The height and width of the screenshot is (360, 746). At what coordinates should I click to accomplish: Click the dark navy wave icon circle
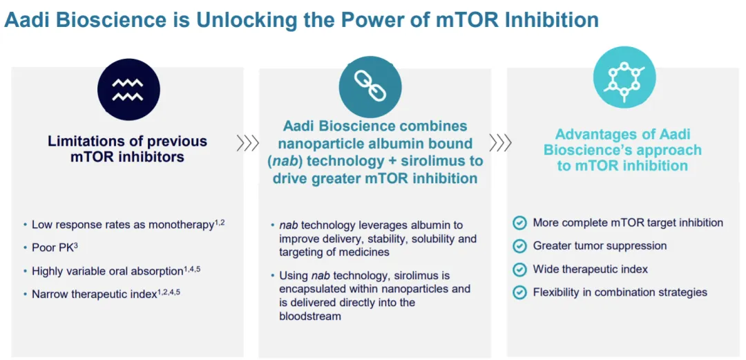pyautogui.click(x=128, y=90)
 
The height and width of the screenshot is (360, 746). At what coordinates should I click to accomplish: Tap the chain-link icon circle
pyautogui.click(x=370, y=87)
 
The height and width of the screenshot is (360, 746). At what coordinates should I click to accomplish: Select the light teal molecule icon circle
pyautogui.click(x=624, y=77)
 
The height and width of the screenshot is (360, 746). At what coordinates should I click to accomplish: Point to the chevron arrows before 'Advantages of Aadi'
pyautogui.click(x=501, y=142)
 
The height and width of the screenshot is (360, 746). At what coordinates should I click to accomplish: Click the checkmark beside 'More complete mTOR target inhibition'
pyautogui.click(x=520, y=223)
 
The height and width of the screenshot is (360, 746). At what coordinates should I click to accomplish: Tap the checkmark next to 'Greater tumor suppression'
pyautogui.click(x=520, y=246)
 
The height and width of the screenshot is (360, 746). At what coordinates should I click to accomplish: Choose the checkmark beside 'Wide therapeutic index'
pyautogui.click(x=520, y=269)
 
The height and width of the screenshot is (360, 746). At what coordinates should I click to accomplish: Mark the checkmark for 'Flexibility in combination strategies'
pyautogui.click(x=520, y=292)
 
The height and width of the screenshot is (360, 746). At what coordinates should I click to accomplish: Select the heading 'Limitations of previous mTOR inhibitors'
pyautogui.click(x=128, y=149)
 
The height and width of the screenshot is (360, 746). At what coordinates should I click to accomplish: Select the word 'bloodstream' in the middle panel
pyautogui.click(x=310, y=316)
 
